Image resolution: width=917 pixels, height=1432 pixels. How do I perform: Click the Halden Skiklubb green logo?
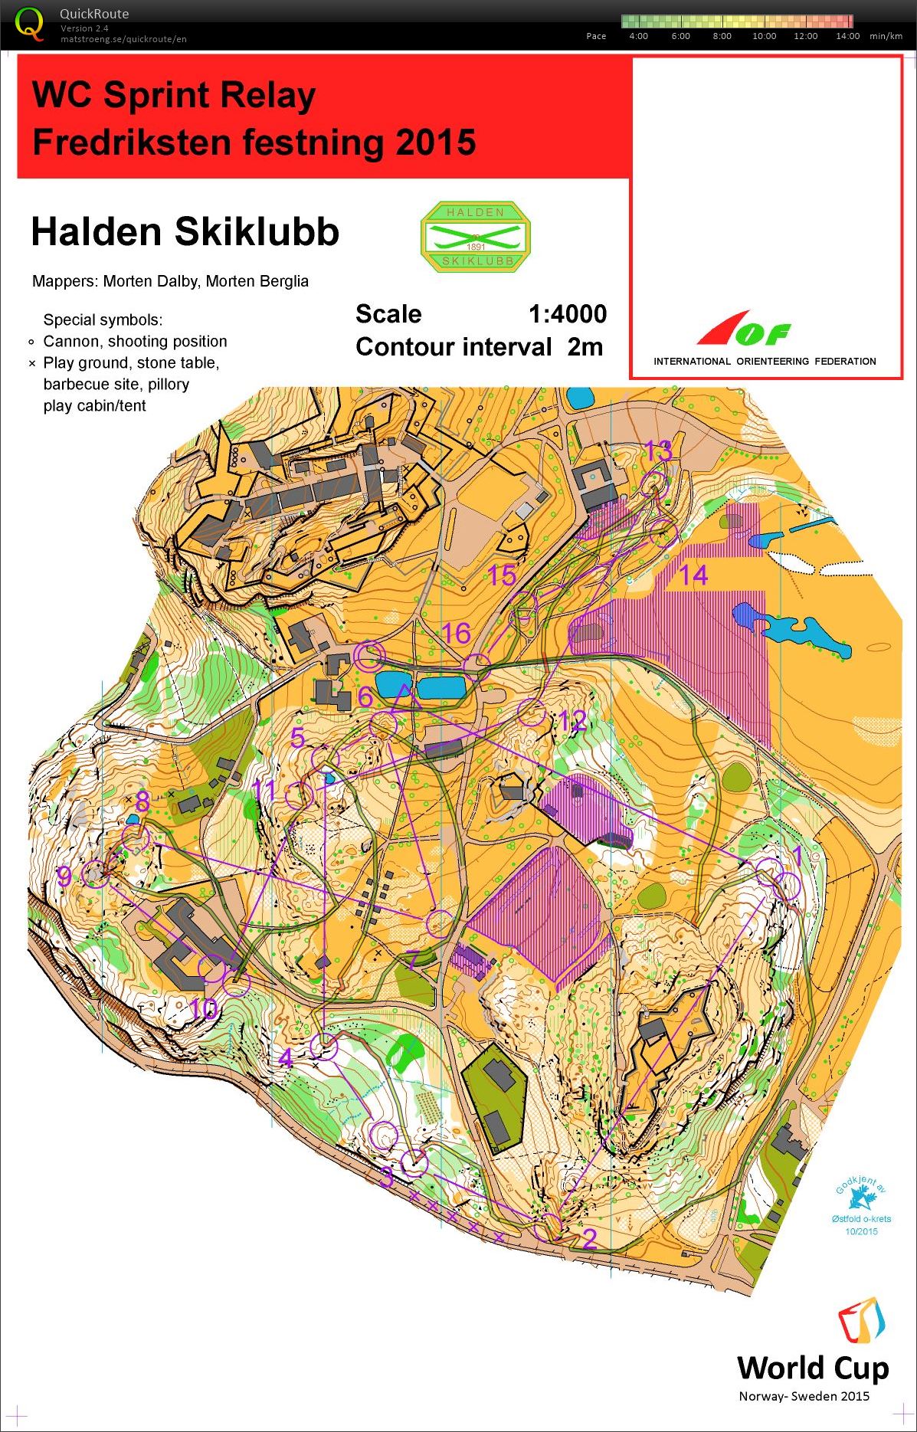pyautogui.click(x=476, y=237)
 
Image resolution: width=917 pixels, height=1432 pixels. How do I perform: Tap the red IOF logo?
pyautogui.click(x=742, y=330)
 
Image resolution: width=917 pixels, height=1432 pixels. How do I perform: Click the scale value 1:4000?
pyautogui.click(x=567, y=314)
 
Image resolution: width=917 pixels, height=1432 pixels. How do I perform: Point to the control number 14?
pyautogui.click(x=694, y=575)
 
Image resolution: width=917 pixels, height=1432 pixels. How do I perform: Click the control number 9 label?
pyautogui.click(x=64, y=876)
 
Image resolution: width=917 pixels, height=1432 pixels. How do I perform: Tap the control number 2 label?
pyautogui.click(x=589, y=1238)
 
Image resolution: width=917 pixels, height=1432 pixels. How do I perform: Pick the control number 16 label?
pyautogui.click(x=457, y=634)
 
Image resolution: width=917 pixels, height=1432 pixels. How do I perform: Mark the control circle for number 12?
pyautogui.click(x=531, y=713)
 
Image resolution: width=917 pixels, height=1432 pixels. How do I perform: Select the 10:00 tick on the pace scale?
pyautogui.click(x=764, y=36)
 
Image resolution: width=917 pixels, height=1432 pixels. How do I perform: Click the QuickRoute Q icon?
pyautogui.click(x=29, y=23)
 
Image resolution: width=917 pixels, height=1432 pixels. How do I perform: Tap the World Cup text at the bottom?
pyautogui.click(x=812, y=1368)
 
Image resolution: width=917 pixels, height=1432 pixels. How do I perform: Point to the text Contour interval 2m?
pyautogui.click(x=479, y=347)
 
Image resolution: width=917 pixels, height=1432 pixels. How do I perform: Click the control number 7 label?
pyautogui.click(x=412, y=960)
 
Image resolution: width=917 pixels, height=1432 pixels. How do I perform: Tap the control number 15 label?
pyautogui.click(x=502, y=575)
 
